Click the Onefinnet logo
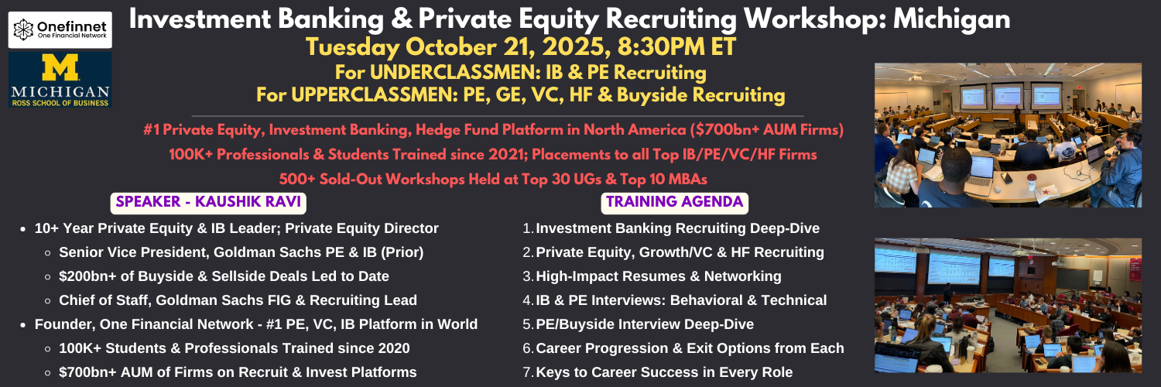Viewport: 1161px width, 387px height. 60,29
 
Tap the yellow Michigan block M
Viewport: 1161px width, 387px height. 60,67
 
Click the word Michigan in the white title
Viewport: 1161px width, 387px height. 951,19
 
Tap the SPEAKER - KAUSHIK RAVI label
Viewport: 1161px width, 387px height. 208,202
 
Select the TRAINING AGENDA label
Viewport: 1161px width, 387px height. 674,202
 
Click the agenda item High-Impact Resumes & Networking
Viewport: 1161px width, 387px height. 658,276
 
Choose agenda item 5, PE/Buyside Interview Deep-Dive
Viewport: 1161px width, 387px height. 645,324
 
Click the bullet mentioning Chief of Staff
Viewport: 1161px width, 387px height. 238,300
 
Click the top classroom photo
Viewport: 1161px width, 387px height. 1008,135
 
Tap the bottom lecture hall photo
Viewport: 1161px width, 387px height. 1008,305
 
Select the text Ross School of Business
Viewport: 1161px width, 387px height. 60,103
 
